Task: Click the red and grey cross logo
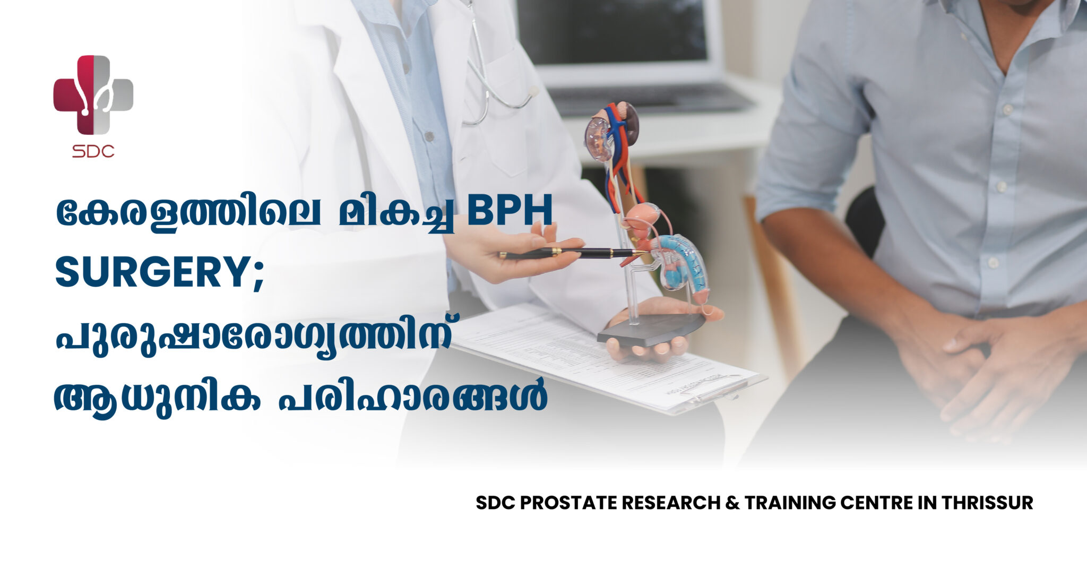[93, 94]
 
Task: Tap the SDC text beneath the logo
[93, 151]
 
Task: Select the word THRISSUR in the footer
[987, 503]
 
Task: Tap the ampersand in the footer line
[732, 503]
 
